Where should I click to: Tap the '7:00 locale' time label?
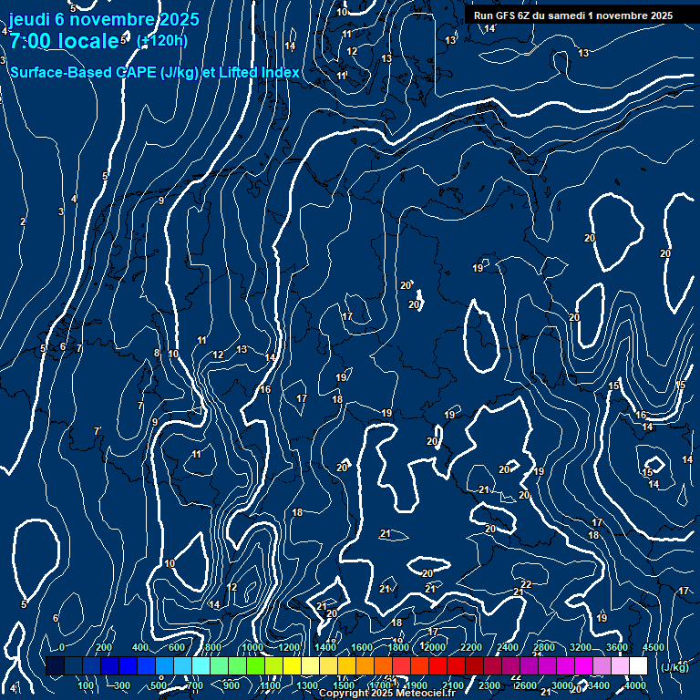tap(64, 40)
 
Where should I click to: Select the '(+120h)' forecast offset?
tap(161, 40)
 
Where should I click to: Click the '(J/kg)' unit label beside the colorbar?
tap(674, 668)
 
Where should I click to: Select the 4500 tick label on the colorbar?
tap(654, 647)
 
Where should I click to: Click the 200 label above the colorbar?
tap(104, 647)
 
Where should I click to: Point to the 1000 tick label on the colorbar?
tap(252, 647)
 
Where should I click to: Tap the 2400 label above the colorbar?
tap(508, 647)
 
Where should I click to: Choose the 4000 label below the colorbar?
tap(635, 685)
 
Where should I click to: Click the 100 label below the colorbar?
tap(87, 685)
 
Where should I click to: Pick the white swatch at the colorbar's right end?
tap(638, 666)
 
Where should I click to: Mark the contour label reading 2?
tap(23, 221)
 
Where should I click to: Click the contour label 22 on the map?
tap(526, 584)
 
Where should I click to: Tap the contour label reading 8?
tap(156, 354)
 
